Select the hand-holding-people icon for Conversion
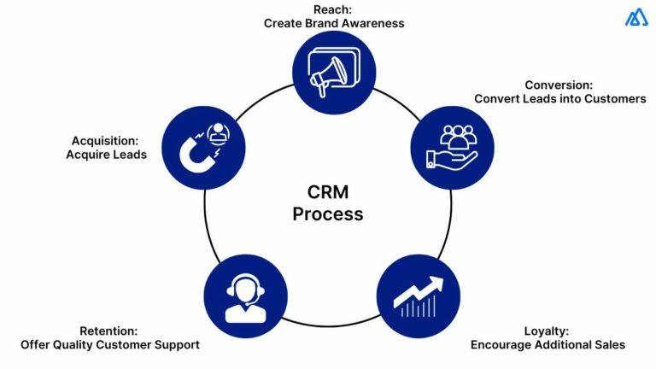[452, 146]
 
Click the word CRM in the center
[328, 194]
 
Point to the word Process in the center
[328, 214]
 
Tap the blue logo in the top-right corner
[635, 17]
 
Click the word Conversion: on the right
[559, 85]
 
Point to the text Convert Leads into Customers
[559, 98]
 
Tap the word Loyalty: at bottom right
[548, 331]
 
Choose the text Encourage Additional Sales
[548, 344]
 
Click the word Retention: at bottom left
[108, 331]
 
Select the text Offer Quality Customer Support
[109, 344]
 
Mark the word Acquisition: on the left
[101, 141]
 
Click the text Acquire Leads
[101, 155]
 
